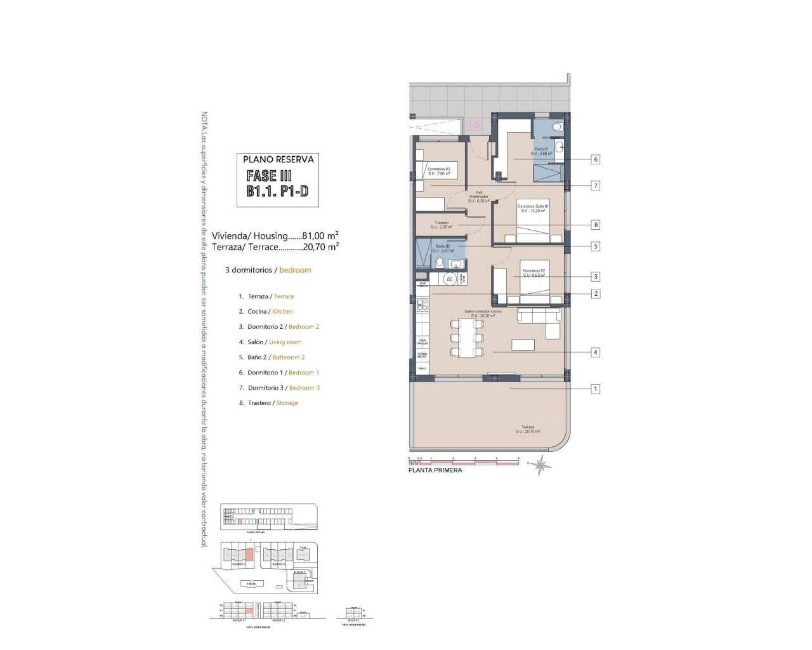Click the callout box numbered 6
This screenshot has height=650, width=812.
click(595, 159)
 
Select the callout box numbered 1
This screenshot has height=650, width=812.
click(595, 388)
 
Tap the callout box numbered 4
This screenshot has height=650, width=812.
click(595, 352)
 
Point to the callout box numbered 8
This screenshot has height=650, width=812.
click(595, 225)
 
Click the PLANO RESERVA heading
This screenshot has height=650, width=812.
click(278, 159)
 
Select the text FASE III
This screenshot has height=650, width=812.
click(269, 176)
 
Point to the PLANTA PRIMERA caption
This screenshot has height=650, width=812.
click(435, 470)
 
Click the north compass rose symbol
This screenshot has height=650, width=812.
click(540, 466)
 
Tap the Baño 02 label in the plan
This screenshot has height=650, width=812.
click(443, 248)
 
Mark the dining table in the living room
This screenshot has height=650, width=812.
click(467, 338)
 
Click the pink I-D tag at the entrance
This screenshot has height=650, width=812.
click(474, 126)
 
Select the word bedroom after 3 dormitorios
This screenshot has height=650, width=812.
click(295, 270)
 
